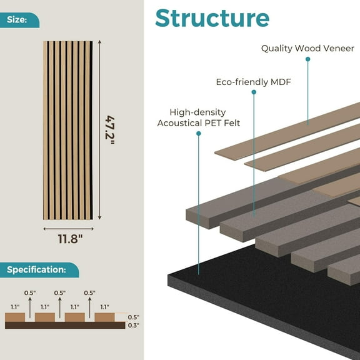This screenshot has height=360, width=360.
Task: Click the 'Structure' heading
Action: (212, 18)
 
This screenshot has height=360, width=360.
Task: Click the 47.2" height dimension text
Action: (110, 130)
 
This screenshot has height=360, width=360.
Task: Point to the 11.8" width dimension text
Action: (70, 239)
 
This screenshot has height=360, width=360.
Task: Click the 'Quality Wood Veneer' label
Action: (307, 49)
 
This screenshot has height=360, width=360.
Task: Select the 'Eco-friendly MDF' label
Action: (254, 82)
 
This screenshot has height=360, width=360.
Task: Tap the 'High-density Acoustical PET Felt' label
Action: (199, 117)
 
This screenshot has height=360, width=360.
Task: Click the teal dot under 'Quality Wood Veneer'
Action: (308, 59)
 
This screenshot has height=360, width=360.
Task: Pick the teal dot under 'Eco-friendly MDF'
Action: (254, 92)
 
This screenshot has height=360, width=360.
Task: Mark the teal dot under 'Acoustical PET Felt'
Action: (199, 133)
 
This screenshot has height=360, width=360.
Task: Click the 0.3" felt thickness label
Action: (134, 326)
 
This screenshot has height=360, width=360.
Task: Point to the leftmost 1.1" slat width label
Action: (15, 307)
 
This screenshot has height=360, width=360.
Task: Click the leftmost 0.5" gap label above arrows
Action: (30, 293)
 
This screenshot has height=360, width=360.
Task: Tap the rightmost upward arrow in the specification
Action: (90, 307)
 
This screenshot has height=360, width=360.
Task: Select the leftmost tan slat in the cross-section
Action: (15, 317)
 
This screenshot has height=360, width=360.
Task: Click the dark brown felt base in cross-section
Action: (65, 325)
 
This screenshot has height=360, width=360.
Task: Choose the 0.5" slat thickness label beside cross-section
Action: (134, 317)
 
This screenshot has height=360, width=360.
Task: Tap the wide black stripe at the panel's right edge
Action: (91, 130)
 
